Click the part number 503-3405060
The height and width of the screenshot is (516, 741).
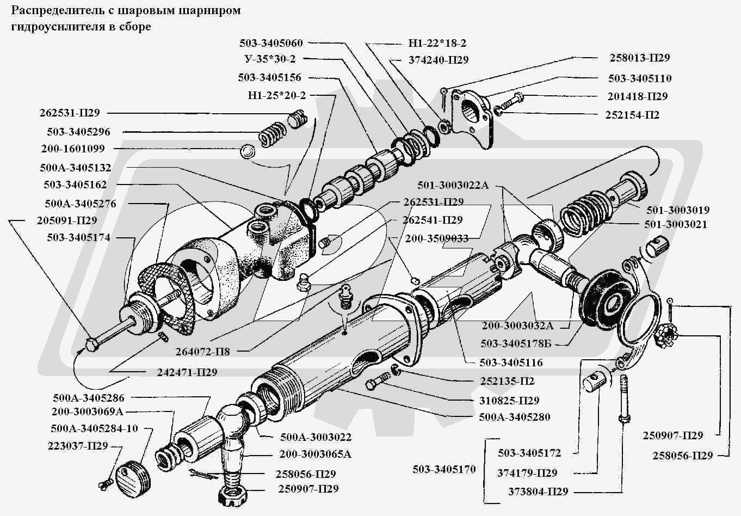[x=270, y=43]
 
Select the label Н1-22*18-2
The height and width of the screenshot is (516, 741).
[x=437, y=43]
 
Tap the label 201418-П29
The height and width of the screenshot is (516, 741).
[x=637, y=96]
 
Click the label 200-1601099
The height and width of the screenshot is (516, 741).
[x=73, y=149]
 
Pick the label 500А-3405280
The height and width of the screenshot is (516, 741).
[x=515, y=417]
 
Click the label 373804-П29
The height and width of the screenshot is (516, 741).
[x=538, y=492]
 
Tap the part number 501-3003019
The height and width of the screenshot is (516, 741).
[x=677, y=210]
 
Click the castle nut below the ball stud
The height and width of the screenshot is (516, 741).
[x=233, y=495]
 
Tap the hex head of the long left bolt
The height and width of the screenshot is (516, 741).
[x=92, y=343]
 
